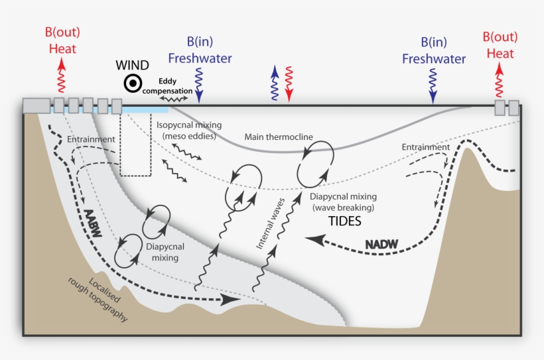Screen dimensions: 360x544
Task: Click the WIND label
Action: [x=133, y=66]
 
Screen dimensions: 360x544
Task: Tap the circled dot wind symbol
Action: [x=133, y=84]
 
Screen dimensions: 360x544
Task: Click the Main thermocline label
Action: [x=279, y=137]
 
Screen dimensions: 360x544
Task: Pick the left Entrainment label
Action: [x=91, y=140]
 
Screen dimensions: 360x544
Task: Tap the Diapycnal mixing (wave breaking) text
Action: [x=344, y=202]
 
